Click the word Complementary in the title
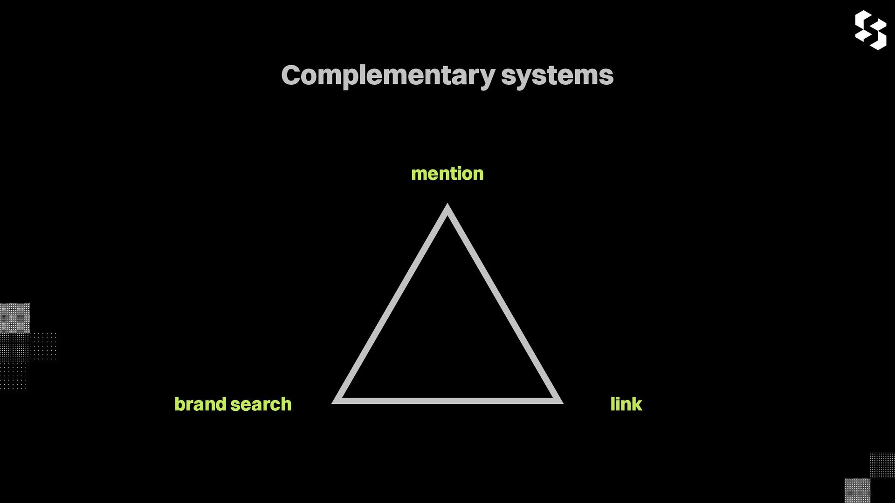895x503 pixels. tap(388, 75)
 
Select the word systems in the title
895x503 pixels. tap(557, 75)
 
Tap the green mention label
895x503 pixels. tap(447, 174)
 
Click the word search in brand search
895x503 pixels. tap(261, 404)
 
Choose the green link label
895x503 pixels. tap(626, 404)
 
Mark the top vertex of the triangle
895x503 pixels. tap(447, 208)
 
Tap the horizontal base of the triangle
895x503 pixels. tap(447, 401)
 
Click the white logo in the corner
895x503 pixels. tap(870, 30)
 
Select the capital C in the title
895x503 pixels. tap(290, 75)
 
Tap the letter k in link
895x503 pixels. tap(636, 404)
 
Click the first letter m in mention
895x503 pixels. tap(419, 174)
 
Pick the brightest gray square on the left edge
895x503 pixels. tap(14, 318)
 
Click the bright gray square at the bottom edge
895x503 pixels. tap(857, 490)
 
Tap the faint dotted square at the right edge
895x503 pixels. tap(882, 465)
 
